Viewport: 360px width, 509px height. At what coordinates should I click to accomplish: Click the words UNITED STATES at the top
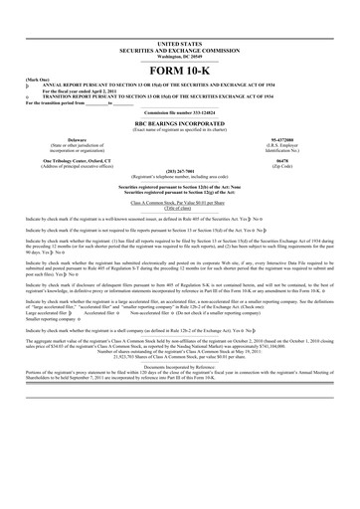point(179,45)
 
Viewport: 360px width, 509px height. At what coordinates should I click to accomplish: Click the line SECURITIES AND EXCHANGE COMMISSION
point(179,51)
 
